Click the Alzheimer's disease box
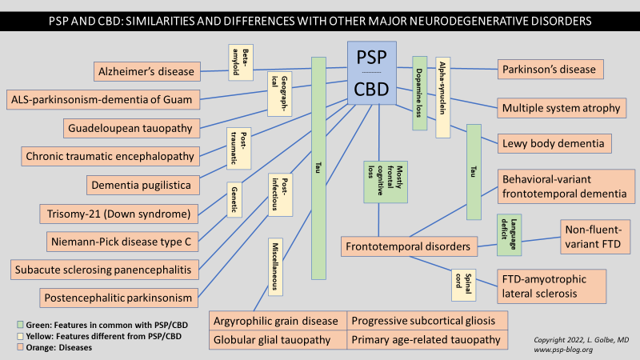[x=145, y=72]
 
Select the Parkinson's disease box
[x=550, y=70]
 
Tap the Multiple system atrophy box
[x=559, y=107]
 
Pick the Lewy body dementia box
[x=555, y=144]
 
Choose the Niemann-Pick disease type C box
[x=118, y=241]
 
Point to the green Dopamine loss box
[x=420, y=92]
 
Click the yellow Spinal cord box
[x=463, y=282]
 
